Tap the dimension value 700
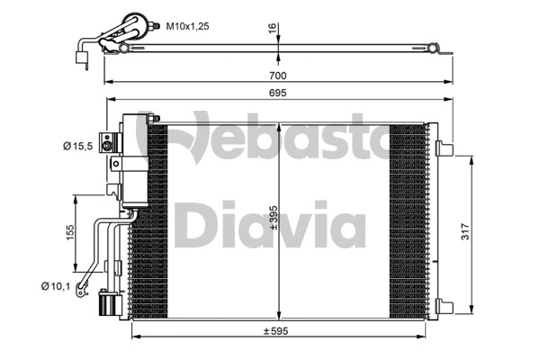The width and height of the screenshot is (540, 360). coord(278,76)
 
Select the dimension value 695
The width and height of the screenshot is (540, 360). coord(278,94)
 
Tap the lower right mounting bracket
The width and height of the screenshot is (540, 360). coord(445,304)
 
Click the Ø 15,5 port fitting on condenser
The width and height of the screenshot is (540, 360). coord(109,142)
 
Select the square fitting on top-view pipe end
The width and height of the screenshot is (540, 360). coord(80,59)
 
